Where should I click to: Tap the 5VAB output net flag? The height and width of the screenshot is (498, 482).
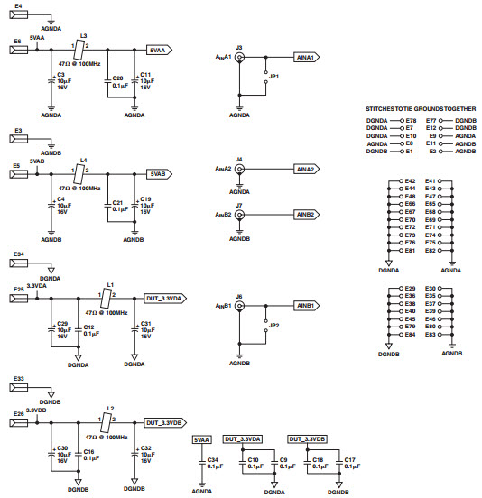[x=158, y=173]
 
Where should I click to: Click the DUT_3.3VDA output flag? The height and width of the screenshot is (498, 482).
[x=164, y=297]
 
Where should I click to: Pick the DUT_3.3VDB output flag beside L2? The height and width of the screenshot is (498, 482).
[x=164, y=421]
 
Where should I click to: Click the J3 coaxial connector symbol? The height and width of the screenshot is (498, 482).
[x=239, y=56]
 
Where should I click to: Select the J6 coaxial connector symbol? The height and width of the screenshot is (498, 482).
[x=239, y=306]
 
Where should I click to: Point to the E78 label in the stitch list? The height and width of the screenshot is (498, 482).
[x=411, y=119]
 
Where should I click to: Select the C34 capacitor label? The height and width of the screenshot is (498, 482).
[x=213, y=459]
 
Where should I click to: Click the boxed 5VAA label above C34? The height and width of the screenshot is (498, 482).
[x=202, y=439]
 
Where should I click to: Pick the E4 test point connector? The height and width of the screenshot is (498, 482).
[x=17, y=16]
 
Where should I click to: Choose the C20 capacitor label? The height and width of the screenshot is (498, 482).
[x=116, y=78]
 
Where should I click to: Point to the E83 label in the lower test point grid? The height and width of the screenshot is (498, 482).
[x=430, y=335]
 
